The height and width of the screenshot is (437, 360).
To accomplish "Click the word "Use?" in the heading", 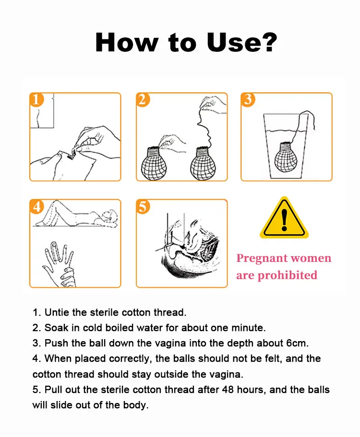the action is pyautogui.click(x=241, y=42).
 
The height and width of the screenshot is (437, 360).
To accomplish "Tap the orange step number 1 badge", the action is pyautogui.click(x=36, y=99).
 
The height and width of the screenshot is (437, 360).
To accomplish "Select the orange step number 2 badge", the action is pyautogui.click(x=143, y=99).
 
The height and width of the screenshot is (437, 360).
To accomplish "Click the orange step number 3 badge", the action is pyautogui.click(x=248, y=99).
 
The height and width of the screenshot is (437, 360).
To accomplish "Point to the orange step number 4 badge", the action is pyautogui.click(x=36, y=206).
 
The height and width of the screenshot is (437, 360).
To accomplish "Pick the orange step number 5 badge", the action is pyautogui.click(x=143, y=206).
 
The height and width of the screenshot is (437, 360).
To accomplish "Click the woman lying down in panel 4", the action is pyautogui.click(x=75, y=214).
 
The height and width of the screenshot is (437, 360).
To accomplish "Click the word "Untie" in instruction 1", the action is pyautogui.click(x=57, y=312).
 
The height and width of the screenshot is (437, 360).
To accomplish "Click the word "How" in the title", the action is pyautogui.click(x=127, y=42).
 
